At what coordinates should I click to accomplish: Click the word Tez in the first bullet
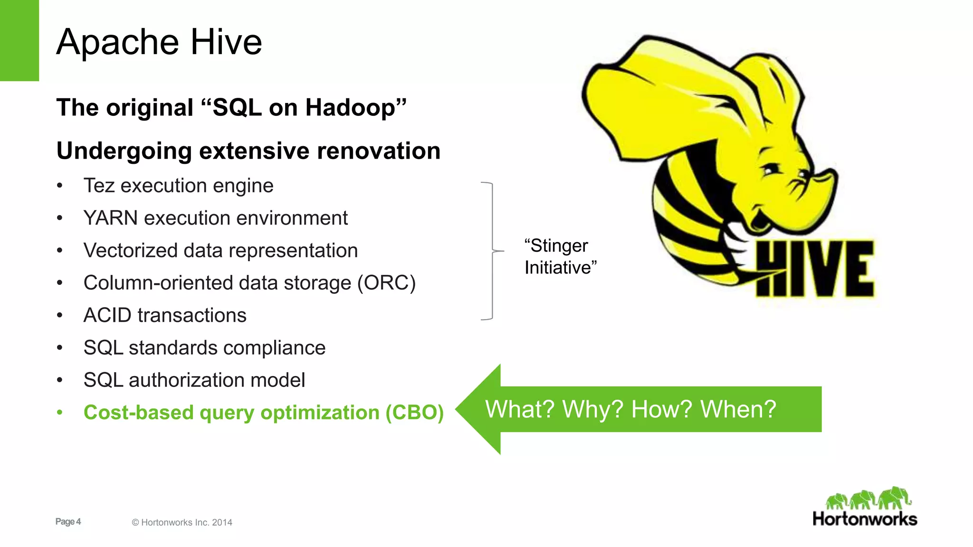(x=99, y=186)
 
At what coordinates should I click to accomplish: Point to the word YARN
(x=110, y=218)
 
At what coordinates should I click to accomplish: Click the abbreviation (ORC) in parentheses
(x=386, y=283)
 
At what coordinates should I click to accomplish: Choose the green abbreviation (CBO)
(x=414, y=413)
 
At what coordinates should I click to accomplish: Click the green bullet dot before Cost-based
(x=59, y=413)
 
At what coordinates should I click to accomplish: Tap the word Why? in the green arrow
(x=592, y=409)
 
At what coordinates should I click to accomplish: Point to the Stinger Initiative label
(x=560, y=257)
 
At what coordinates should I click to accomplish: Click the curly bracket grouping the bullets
(x=492, y=251)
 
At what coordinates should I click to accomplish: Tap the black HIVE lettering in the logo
(x=815, y=269)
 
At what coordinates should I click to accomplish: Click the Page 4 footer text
(x=68, y=522)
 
